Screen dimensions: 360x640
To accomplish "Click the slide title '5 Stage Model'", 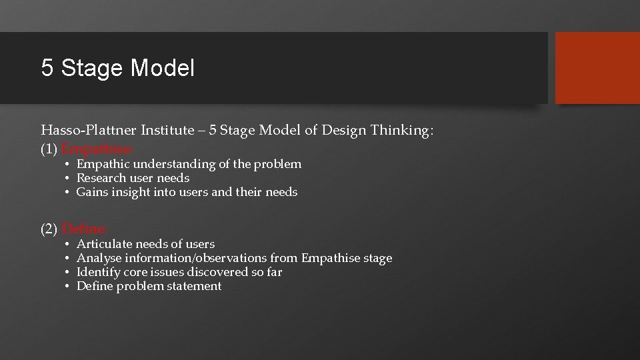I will (x=118, y=68).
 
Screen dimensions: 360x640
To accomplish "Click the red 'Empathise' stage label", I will (x=97, y=149).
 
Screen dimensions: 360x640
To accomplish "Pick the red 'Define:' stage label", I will (x=86, y=229).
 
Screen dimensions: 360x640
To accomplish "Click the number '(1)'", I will (x=49, y=149).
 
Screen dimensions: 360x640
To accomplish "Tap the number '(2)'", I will (x=49, y=229).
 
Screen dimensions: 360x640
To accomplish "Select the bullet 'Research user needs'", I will (x=133, y=178).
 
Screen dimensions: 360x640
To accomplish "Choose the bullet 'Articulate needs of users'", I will (x=145, y=245).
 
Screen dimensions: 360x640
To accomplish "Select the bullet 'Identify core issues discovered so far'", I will (x=179, y=272).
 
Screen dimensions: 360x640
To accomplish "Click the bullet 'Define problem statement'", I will (x=149, y=286).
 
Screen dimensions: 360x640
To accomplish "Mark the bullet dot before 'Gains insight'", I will (x=68, y=192).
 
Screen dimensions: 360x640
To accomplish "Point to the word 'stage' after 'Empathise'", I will (x=377, y=258).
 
